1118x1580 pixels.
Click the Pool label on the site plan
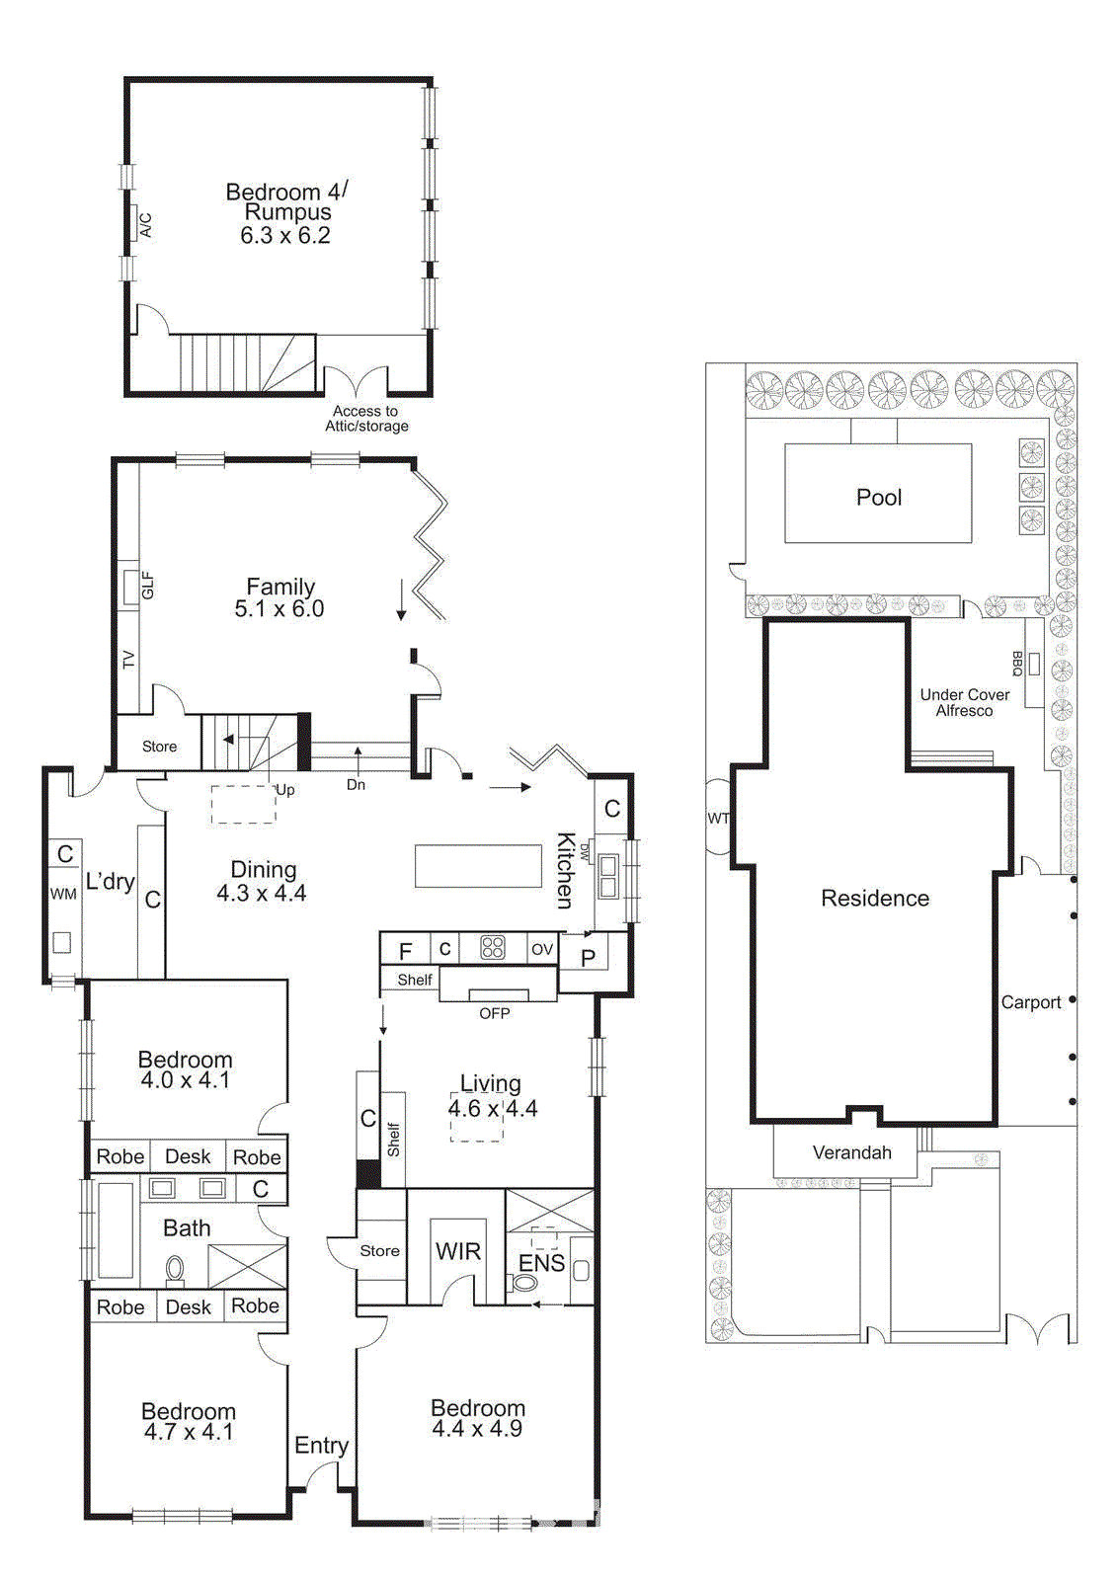click(x=878, y=497)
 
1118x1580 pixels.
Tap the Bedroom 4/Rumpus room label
click(x=286, y=201)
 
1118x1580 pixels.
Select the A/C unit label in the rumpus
click(x=145, y=225)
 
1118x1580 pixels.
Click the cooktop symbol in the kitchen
click(x=492, y=948)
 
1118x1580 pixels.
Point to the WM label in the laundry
click(x=63, y=894)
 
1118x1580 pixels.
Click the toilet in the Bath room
click(x=175, y=1268)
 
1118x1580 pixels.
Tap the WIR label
click(x=458, y=1251)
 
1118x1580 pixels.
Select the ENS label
click(x=541, y=1263)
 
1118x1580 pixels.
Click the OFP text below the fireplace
click(x=494, y=1013)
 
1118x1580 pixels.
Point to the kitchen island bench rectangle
click(x=478, y=866)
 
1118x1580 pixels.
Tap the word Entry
click(x=321, y=1446)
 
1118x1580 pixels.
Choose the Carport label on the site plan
click(x=1030, y=1002)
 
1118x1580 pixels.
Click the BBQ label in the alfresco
click(x=1016, y=663)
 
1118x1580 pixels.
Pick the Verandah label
click(x=851, y=1152)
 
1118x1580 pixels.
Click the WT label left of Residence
click(x=718, y=818)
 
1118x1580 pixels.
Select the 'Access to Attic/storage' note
click(x=365, y=419)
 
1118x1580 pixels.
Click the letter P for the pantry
click(x=588, y=957)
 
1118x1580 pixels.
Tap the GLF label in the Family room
click(x=147, y=586)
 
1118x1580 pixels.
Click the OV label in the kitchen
click(x=541, y=949)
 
